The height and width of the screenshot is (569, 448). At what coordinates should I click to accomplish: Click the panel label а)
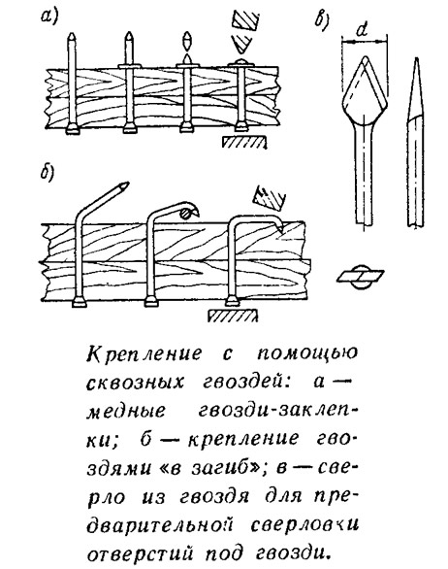[49, 18]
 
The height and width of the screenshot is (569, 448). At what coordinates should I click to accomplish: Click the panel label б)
[48, 173]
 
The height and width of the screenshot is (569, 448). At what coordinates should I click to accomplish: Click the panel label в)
[322, 20]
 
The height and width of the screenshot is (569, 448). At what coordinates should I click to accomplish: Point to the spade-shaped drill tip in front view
[365, 90]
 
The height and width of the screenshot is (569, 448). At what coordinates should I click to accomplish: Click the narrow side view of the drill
[415, 142]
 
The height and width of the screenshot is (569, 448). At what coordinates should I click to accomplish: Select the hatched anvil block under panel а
[244, 142]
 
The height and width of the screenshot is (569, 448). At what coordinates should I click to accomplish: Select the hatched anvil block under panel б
[233, 316]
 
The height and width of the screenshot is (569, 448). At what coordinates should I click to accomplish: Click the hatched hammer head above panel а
[245, 19]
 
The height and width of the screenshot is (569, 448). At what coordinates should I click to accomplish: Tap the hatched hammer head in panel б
[270, 198]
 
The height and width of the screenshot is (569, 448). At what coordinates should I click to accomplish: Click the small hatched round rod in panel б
[185, 213]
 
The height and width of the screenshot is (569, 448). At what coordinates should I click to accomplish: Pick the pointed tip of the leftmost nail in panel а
[72, 37]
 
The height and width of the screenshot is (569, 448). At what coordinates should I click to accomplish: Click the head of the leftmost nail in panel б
[79, 302]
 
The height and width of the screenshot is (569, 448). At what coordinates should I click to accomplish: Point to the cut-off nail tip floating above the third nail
[186, 42]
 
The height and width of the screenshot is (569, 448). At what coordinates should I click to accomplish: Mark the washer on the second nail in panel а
[129, 66]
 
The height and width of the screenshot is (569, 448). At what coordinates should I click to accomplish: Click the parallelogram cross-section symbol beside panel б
[361, 277]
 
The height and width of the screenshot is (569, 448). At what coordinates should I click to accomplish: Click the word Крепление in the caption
[144, 353]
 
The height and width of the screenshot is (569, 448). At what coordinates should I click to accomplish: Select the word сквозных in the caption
[135, 383]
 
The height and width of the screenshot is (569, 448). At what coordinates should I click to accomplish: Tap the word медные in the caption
[126, 412]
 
